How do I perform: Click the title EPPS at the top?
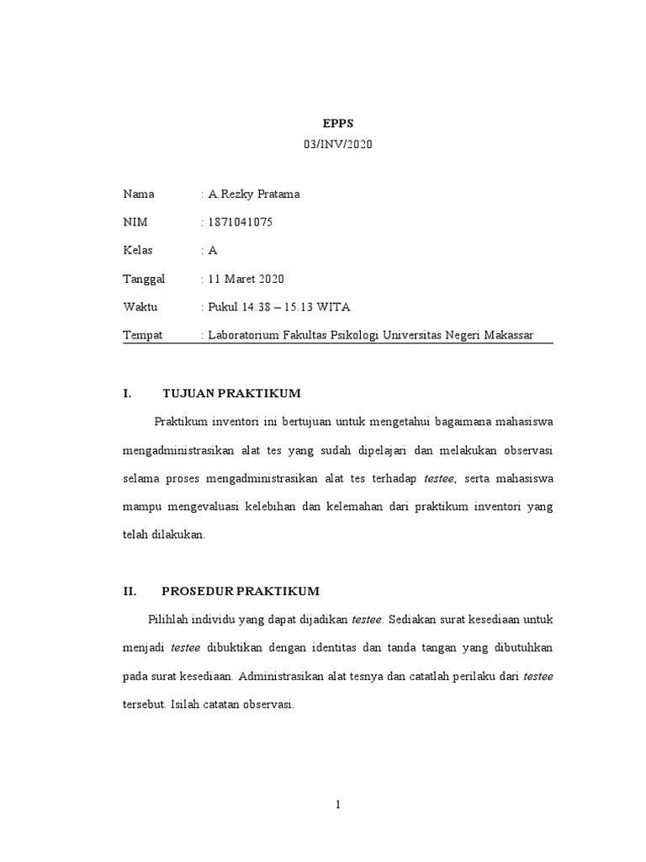coord(336,123)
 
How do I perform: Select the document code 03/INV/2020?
coord(336,145)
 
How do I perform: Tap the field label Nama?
coord(139,194)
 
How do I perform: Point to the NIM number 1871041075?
coord(241,222)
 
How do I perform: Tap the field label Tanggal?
coord(145,279)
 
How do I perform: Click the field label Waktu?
coord(140,306)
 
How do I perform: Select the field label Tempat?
coord(143,335)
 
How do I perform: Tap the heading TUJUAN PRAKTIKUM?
coord(231,393)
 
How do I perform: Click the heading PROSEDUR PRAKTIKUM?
coord(241,591)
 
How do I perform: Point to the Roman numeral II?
coord(130,591)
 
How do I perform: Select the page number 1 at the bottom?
coord(337,805)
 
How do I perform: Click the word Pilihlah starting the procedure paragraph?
coord(169,620)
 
